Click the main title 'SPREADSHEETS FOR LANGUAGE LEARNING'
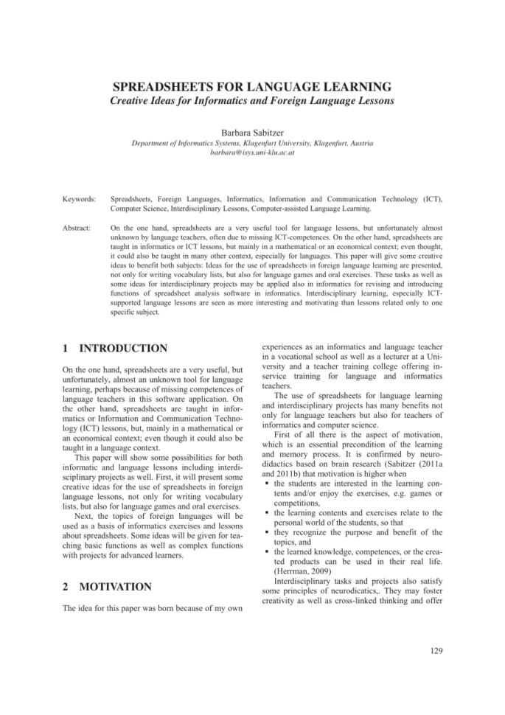[252, 86]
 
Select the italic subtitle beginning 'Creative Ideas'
[252, 100]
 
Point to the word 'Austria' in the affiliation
[358, 142]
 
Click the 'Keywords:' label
[79, 199]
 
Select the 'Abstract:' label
[76, 229]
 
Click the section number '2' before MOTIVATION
[66, 587]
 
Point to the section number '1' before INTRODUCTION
[66, 348]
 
